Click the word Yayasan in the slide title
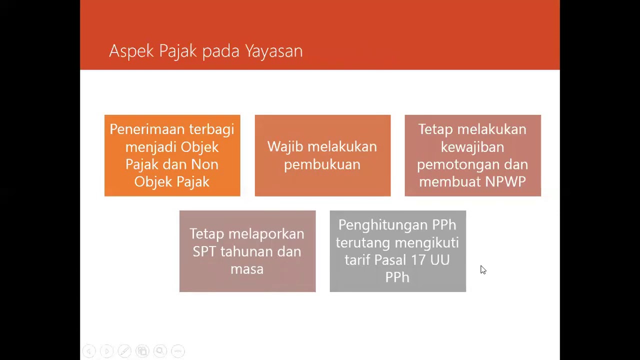click(273, 51)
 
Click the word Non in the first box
click(205, 164)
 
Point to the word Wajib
click(284, 146)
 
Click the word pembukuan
click(322, 164)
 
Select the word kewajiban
click(472, 147)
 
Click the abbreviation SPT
click(204, 251)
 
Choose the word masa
click(247, 269)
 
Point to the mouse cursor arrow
click(482, 269)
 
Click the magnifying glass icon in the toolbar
click(160, 351)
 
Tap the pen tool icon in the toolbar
click(124, 351)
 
